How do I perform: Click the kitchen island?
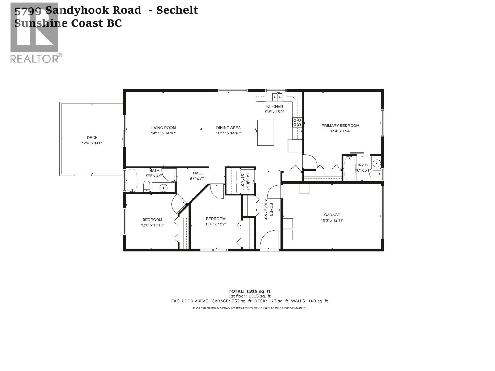[265, 132]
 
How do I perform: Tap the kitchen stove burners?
[297, 122]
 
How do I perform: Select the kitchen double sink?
[277, 97]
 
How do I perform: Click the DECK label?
[92, 138]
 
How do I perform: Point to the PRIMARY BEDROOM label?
[340, 126]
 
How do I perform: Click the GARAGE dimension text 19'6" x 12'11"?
[332, 220]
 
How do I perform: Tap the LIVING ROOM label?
[163, 128]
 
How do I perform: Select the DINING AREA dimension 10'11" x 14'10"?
[228, 133]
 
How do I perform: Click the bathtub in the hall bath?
[132, 180]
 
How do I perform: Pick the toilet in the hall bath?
[147, 186]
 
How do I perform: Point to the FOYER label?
[271, 210]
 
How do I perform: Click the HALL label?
[198, 173]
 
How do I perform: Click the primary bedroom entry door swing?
[310, 161]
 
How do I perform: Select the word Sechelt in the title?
[177, 10]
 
